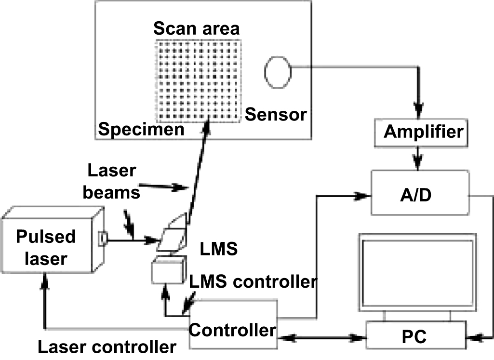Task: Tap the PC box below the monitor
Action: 417,335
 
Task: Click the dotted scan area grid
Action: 198,80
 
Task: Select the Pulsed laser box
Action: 46,248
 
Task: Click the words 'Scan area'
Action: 196,28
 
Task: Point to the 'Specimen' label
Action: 141,129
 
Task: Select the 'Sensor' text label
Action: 276,115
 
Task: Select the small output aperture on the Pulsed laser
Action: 103,237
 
